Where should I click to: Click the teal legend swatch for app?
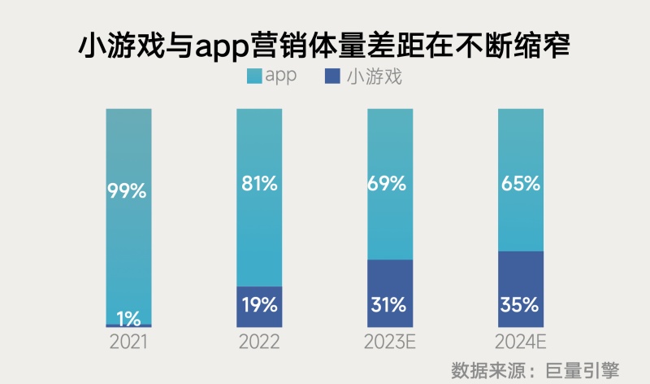(254, 76)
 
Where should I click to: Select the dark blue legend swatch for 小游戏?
(331, 76)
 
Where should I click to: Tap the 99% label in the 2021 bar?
(128, 191)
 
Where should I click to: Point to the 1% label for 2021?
(128, 315)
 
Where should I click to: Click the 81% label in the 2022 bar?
(259, 184)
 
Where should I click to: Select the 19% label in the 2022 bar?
(259, 305)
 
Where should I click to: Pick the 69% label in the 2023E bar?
(389, 184)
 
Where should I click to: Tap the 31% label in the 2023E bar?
(389, 305)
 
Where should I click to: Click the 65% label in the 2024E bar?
(520, 184)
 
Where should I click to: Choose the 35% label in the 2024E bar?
(520, 305)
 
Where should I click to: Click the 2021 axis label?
(128, 342)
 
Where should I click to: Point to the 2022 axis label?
(259, 342)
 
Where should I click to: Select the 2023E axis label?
(390, 342)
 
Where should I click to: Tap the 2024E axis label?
(520, 342)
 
